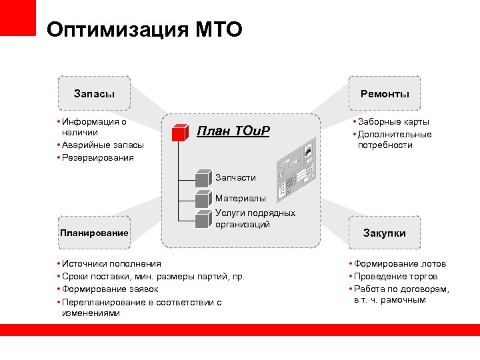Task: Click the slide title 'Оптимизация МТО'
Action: pyautogui.click(x=145, y=30)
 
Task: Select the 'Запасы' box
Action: pyautogui.click(x=94, y=94)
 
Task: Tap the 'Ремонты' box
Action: pyautogui.click(x=385, y=94)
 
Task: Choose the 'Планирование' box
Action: pyautogui.click(x=93, y=233)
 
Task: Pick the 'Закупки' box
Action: pyautogui.click(x=384, y=233)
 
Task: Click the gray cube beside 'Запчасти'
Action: pyautogui.click(x=203, y=179)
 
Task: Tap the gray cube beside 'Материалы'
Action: pyautogui.click(x=203, y=199)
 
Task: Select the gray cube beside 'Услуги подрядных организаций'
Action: pyautogui.click(x=203, y=218)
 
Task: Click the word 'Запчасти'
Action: pyautogui.click(x=235, y=177)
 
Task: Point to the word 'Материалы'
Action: pyautogui.click(x=240, y=198)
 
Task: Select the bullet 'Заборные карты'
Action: pyautogui.click(x=393, y=121)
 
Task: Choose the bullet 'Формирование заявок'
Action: pyautogui.click(x=111, y=289)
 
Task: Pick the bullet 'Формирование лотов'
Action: pyautogui.click(x=399, y=263)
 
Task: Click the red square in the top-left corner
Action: pyautogui.click(x=18, y=18)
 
